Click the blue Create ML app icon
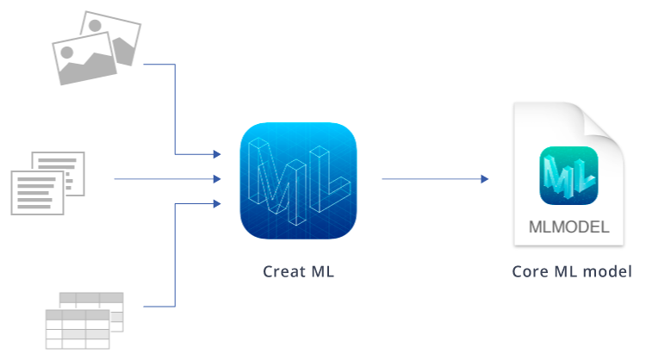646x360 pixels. [298, 180]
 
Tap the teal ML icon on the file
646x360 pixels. [568, 176]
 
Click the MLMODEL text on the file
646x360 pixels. [568, 227]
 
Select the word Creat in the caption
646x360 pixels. [284, 271]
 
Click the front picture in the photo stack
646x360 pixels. [84, 59]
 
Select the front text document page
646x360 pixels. [37, 193]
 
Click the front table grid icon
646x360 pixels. [78, 330]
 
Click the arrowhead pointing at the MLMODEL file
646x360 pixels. [484, 179]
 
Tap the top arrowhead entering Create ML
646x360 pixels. [217, 154]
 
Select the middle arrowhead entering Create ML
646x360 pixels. [217, 179]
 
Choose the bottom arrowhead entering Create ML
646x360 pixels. [217, 203]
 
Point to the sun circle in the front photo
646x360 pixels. [66, 53]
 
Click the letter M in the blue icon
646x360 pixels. [276, 181]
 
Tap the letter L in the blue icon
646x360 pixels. [330, 181]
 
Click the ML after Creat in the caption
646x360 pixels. [323, 271]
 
